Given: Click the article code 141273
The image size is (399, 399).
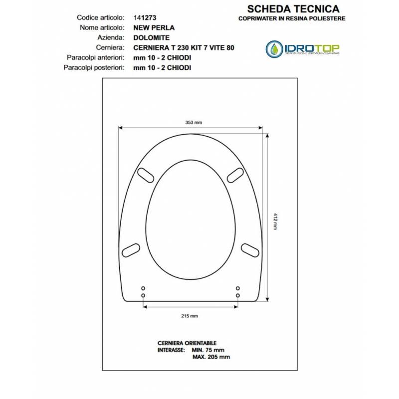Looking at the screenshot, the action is pos(145,18).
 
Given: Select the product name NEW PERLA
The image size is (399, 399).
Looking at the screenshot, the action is pos(154,28).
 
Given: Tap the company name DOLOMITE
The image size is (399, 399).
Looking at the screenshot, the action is pos(152,38).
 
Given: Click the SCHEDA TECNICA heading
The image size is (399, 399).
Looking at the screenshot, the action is pos(293,9).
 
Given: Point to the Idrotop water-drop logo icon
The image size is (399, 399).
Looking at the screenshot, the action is pos(274,49).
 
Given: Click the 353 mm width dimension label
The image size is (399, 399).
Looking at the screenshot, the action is pos(194,122).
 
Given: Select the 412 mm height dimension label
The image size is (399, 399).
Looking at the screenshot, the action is pos(275,221).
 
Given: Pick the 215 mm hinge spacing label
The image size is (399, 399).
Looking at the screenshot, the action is pos(190,316).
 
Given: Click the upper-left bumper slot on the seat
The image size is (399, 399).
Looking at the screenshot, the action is pos(146,176).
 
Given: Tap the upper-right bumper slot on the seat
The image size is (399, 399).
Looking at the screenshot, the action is pos(235,176).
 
